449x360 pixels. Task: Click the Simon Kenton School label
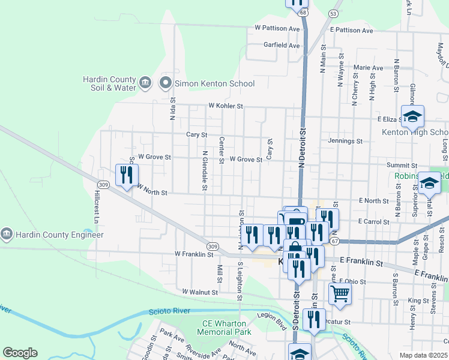(214, 84)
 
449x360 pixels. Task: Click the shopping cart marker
(339, 294)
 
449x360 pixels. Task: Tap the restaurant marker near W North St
(126, 175)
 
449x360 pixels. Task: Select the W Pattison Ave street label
(277, 28)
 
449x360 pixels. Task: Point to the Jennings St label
(345, 141)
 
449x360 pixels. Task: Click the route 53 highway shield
(333, 13)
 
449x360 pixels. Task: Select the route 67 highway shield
(334, 241)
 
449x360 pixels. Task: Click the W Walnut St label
(200, 292)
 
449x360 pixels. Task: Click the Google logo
(20, 352)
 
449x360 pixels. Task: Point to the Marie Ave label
(369, 68)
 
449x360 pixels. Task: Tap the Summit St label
(402, 165)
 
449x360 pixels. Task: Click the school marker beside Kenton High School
(413, 116)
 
